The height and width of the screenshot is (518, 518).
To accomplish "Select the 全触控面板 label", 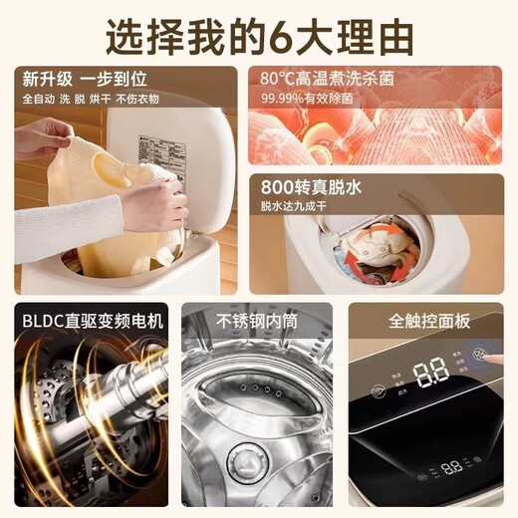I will click(x=431, y=321).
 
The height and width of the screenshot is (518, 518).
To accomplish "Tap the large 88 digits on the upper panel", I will click(x=431, y=374).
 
